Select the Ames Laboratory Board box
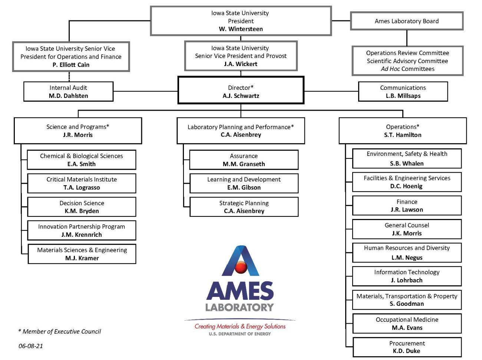(406, 21)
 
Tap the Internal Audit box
(69, 92)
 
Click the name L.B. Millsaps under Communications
(403, 96)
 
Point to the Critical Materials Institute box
(82, 183)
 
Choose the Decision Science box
(82, 207)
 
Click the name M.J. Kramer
(82, 258)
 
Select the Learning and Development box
(244, 183)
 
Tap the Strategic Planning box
(244, 207)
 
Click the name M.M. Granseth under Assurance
(244, 164)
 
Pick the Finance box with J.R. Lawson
(407, 206)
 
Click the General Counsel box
(407, 229)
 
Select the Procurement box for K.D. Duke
(407, 347)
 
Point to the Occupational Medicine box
(407, 323)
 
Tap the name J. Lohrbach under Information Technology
(406, 280)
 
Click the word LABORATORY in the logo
(240, 307)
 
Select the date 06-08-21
(31, 346)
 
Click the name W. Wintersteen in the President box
(241, 29)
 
